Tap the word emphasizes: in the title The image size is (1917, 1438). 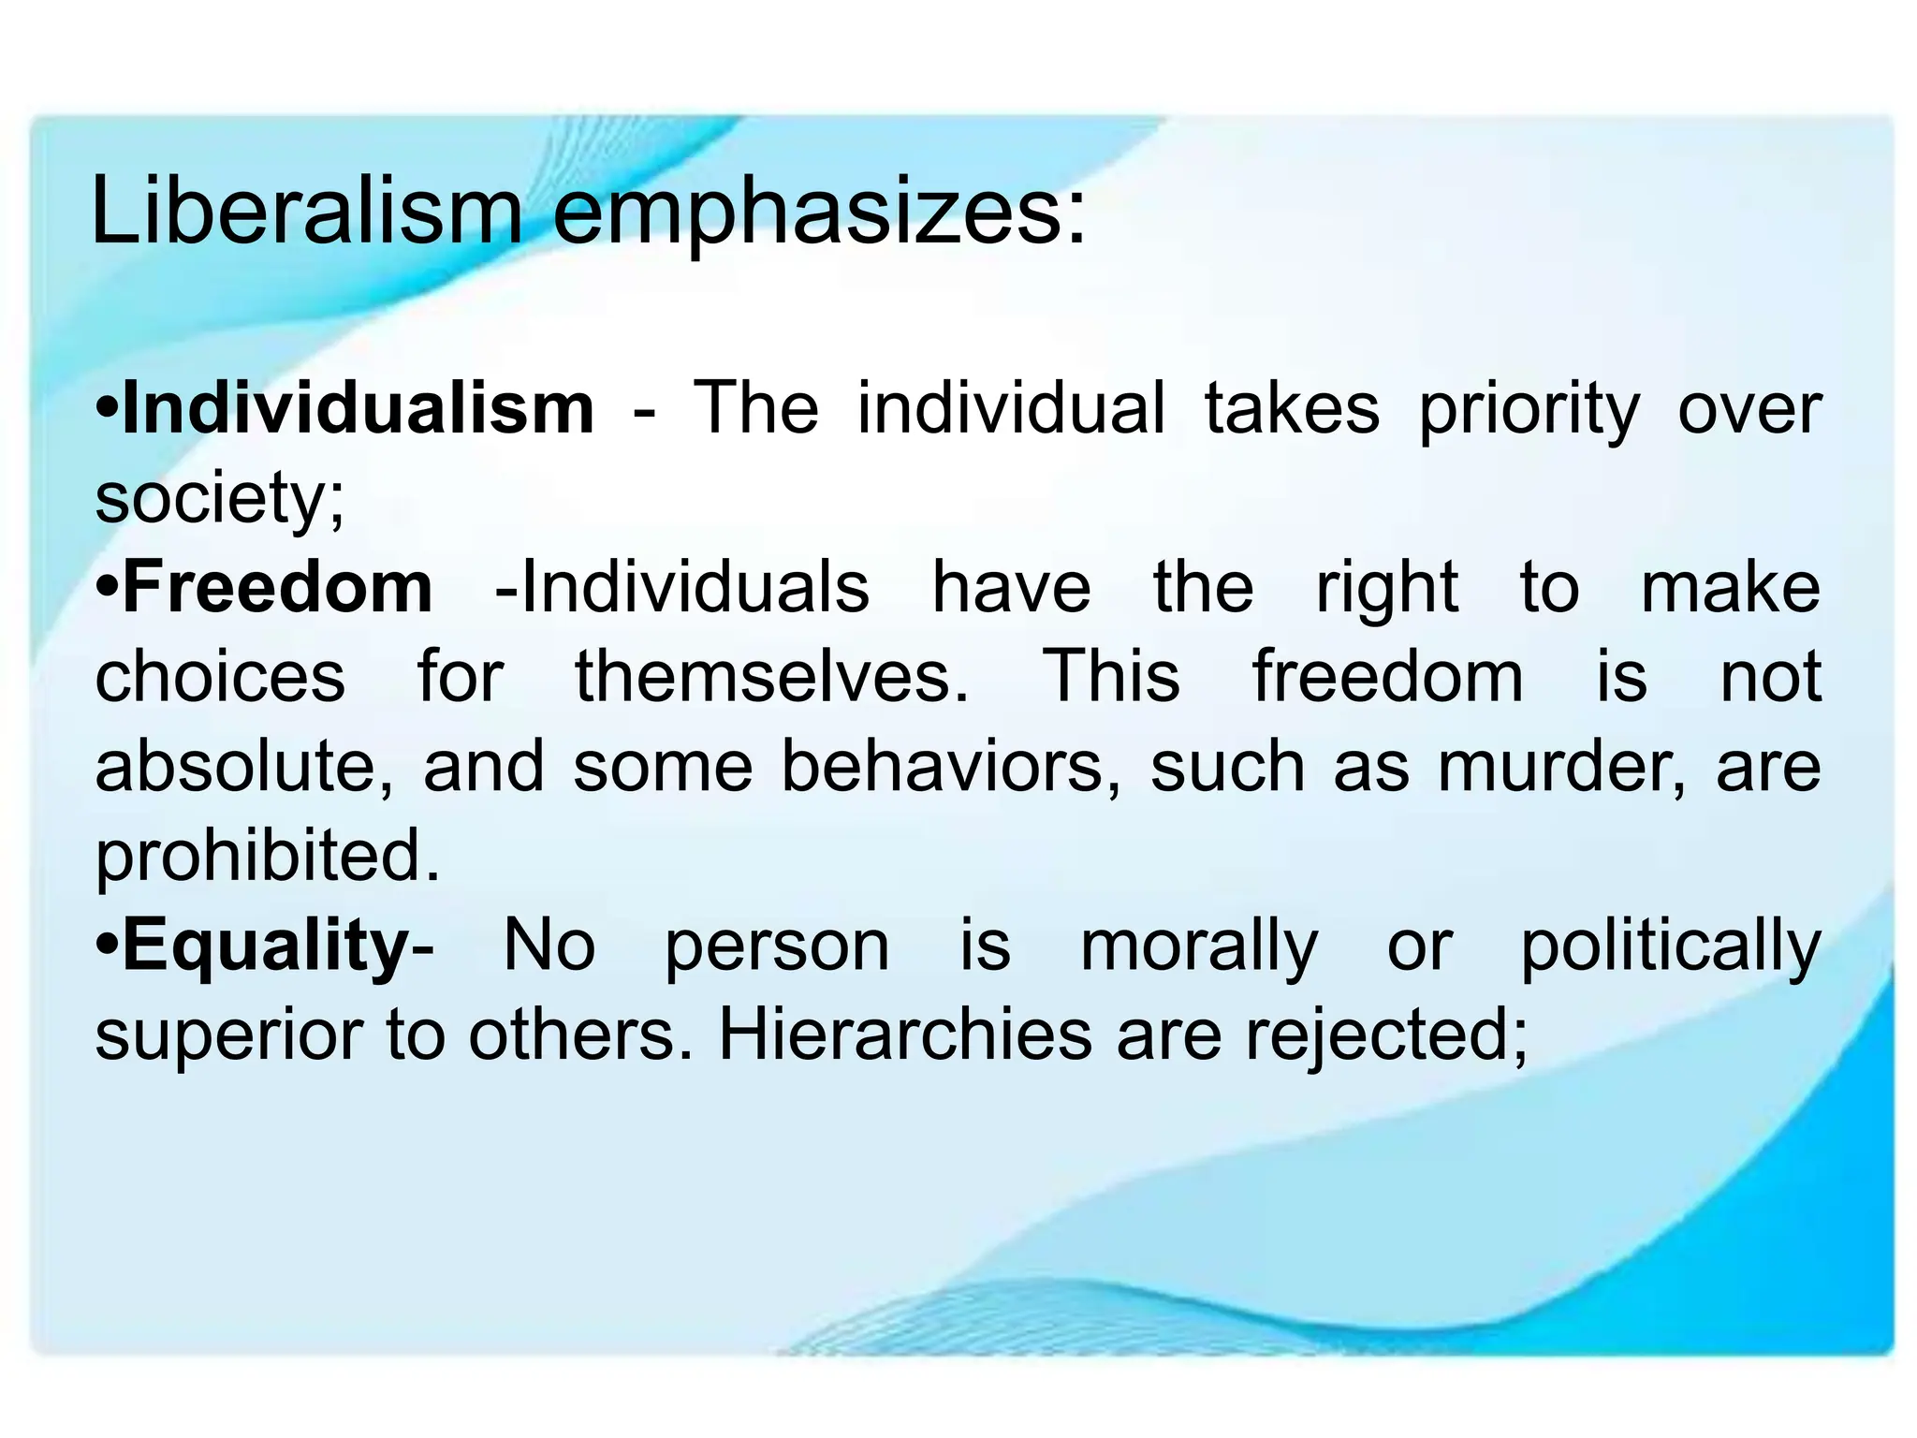pos(820,215)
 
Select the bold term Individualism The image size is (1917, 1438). pos(359,408)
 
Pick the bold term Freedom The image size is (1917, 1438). pos(278,587)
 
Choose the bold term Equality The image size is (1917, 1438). pos(266,946)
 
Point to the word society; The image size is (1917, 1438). pos(220,499)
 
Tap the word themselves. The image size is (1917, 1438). pos(771,676)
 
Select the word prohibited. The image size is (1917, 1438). pos(267,856)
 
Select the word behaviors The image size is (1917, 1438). pos(950,766)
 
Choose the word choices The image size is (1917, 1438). pos(220,676)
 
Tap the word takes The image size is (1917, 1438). pos(1292,408)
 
